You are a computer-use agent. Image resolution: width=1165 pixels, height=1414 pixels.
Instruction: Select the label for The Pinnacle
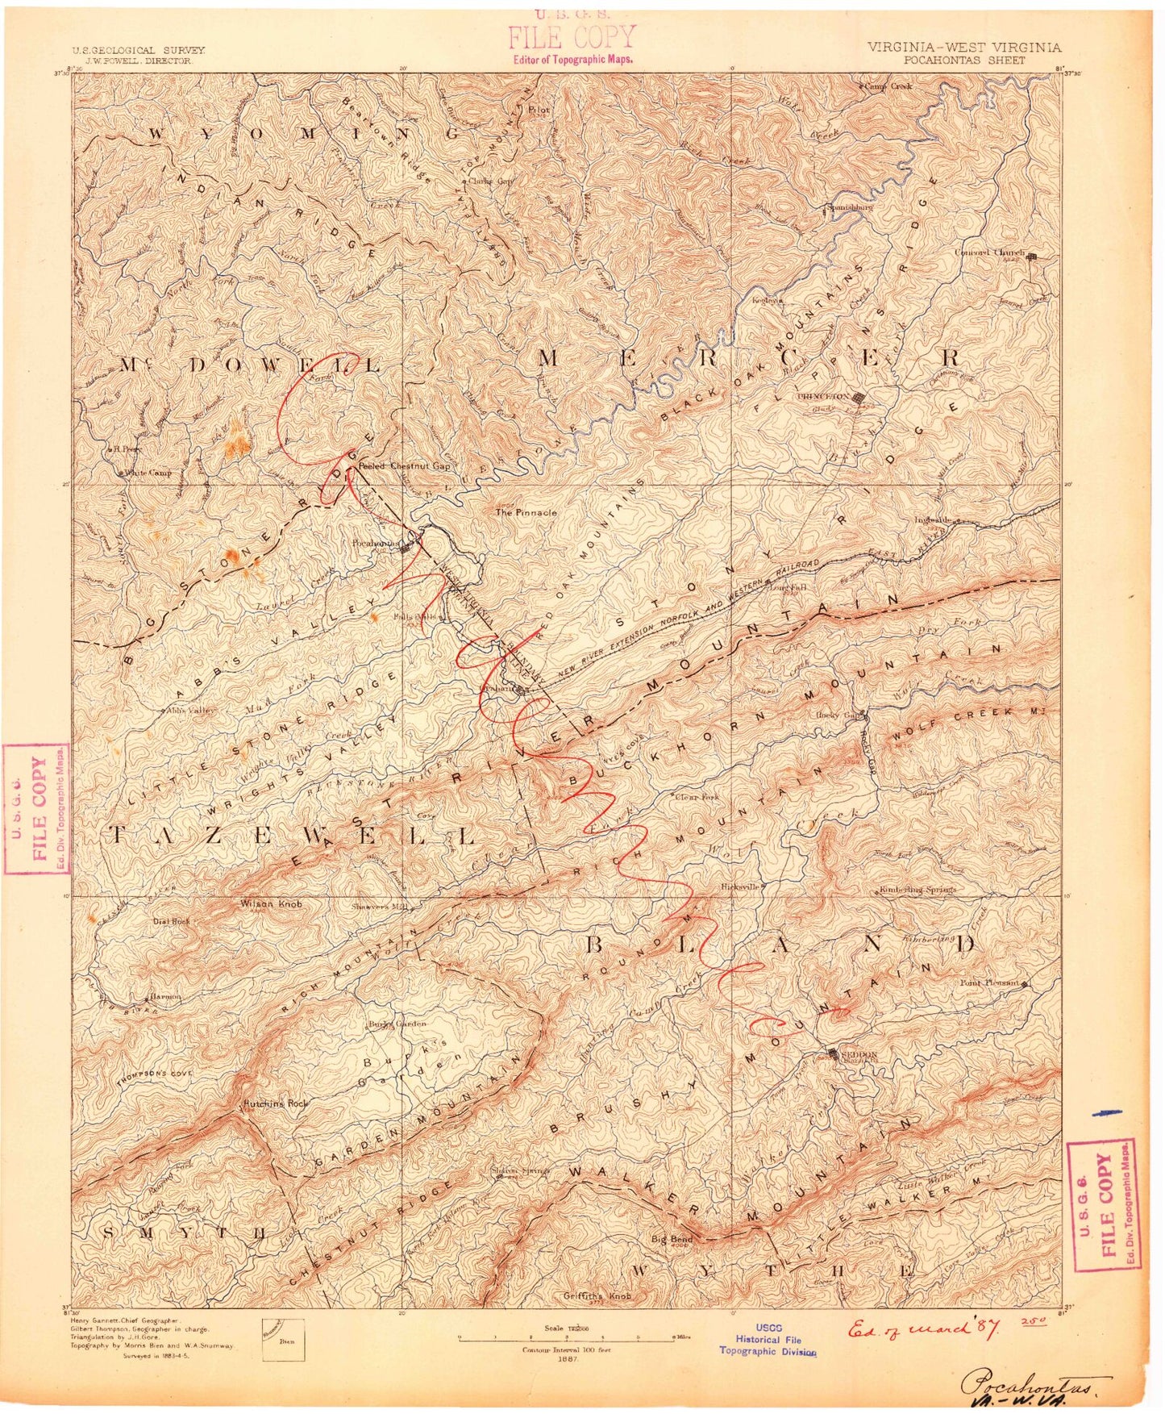coord(526,512)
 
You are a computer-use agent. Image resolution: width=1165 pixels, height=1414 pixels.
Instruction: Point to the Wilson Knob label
coord(271,904)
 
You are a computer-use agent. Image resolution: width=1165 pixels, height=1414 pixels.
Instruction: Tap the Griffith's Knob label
coord(598,1297)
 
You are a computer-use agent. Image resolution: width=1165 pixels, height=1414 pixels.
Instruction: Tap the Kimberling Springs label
coord(917,890)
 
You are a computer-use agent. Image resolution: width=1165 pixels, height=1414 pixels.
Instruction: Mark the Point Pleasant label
coord(989,983)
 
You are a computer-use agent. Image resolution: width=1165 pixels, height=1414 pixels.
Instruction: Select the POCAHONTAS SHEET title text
coord(964,60)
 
